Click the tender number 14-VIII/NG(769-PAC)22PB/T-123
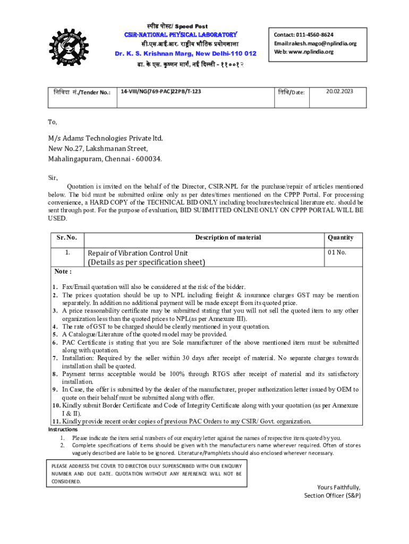coord(161,92)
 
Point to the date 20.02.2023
coord(339,91)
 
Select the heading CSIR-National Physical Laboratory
coord(180,35)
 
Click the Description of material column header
coord(228,237)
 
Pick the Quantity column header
coord(340,237)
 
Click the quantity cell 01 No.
coord(337,252)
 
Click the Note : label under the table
coord(63,272)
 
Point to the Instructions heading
coord(63,429)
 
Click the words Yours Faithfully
coord(339,487)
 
